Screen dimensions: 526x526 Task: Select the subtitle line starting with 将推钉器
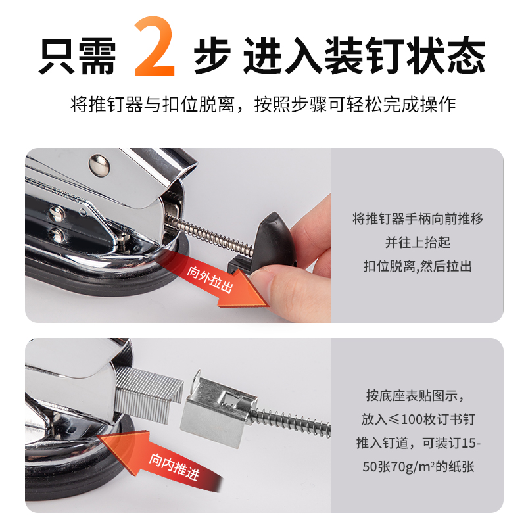pos(263,105)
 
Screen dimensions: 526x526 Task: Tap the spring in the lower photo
pos(293,421)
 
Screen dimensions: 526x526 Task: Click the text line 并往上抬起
pos(418,243)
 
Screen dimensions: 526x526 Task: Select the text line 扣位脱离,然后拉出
pos(418,266)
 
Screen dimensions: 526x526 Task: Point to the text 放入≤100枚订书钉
pos(418,419)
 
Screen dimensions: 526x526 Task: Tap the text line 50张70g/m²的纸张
pos(418,467)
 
